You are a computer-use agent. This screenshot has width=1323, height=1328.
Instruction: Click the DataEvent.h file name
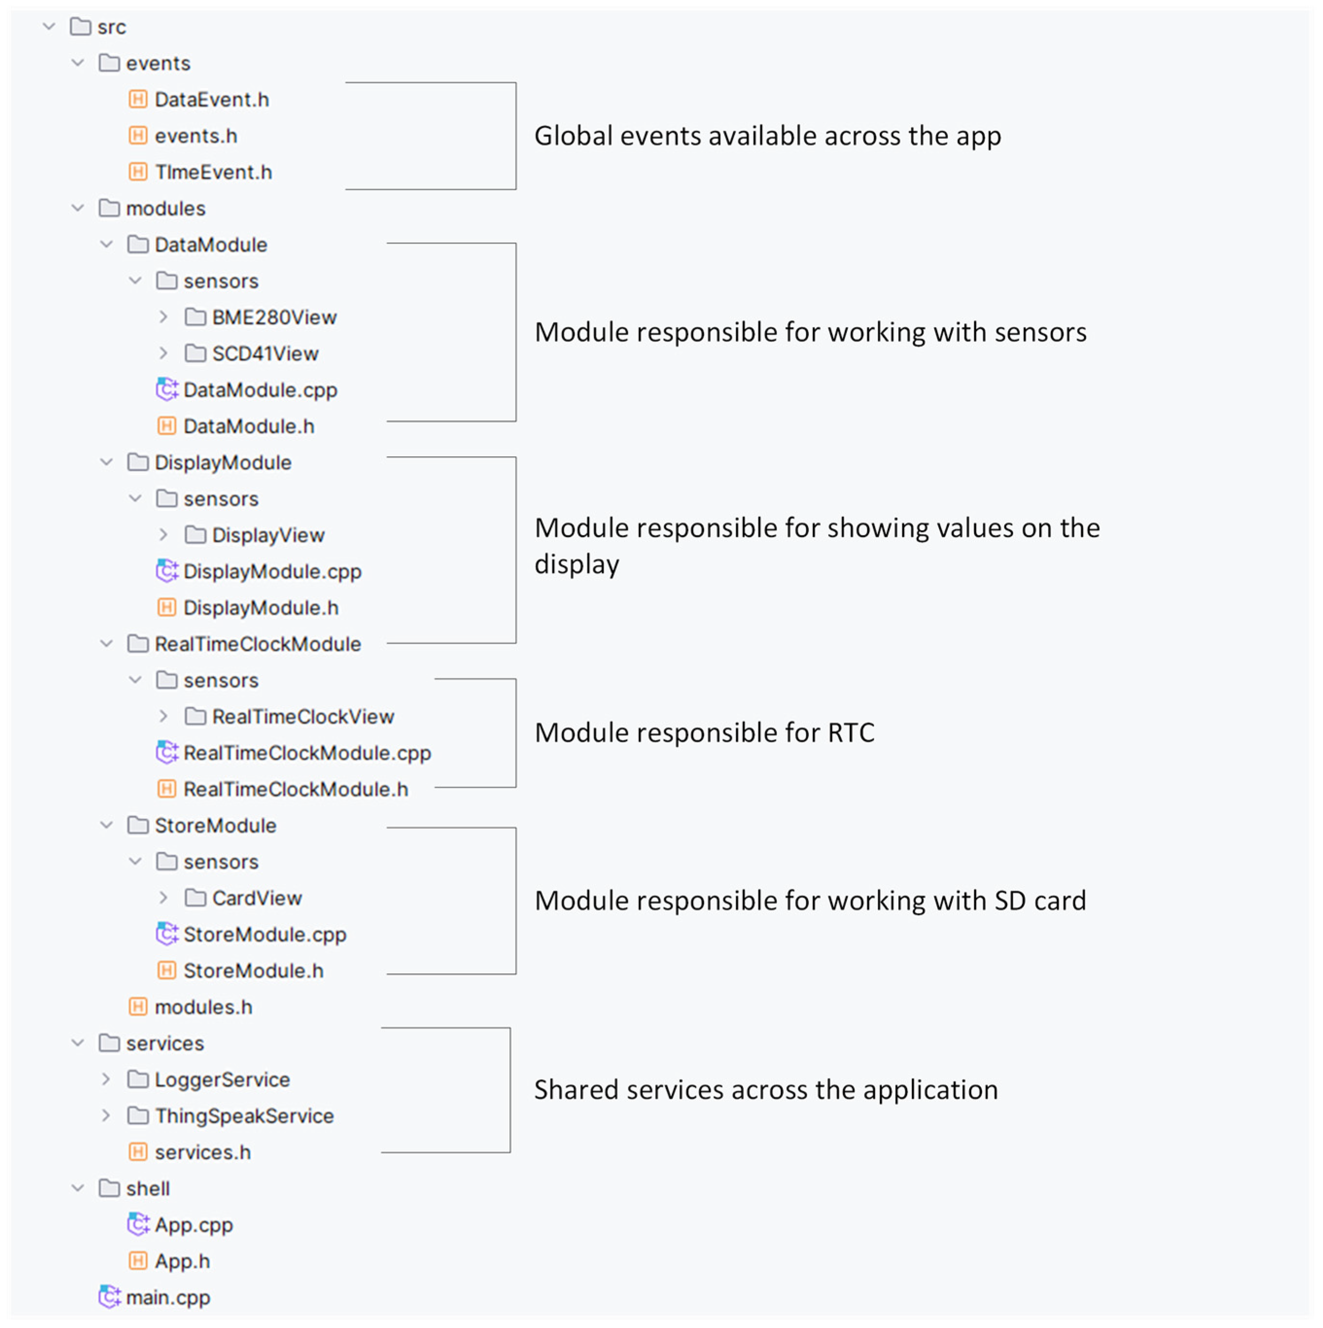(212, 100)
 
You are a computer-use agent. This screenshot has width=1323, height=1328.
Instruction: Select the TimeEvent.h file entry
(213, 172)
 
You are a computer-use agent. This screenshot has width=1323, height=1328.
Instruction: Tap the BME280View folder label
(274, 318)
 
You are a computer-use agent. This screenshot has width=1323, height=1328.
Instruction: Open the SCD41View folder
(265, 354)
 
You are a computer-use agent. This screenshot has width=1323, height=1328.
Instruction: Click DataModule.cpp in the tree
(260, 390)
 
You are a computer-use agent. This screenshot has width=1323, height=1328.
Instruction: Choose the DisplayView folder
(268, 535)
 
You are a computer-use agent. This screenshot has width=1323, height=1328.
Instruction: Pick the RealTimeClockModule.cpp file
(307, 753)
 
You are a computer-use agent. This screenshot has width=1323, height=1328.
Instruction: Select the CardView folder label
(257, 898)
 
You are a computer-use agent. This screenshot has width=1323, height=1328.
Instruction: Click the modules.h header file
(204, 1008)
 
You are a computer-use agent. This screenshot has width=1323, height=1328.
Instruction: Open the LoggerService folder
(222, 1080)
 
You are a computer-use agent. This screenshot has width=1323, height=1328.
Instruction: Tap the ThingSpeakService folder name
(244, 1116)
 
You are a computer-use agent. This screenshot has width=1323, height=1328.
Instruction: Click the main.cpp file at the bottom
(168, 1298)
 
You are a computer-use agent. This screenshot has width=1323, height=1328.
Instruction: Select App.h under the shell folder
(182, 1261)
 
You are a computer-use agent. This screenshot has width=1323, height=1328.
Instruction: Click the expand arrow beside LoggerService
(106, 1080)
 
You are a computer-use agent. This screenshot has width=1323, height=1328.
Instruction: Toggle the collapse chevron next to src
(49, 27)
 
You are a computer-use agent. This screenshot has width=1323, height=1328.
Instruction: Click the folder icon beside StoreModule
(138, 826)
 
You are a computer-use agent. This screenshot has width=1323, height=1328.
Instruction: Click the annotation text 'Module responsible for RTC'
(704, 733)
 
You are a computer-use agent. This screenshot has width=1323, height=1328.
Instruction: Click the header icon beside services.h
(138, 1153)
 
